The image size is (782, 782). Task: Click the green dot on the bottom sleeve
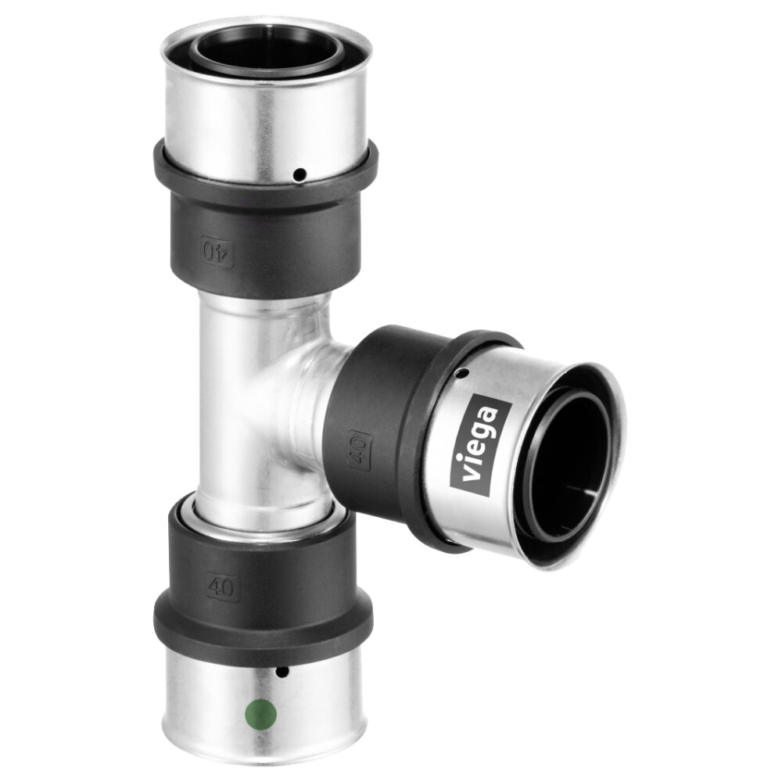261,714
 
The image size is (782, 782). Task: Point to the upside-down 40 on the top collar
217,251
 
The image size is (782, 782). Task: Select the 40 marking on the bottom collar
221,587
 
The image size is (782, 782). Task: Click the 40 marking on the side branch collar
360,449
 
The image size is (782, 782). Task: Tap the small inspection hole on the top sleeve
300,174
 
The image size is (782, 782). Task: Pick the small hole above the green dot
282,673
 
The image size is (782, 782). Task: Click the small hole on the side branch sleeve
463,372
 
